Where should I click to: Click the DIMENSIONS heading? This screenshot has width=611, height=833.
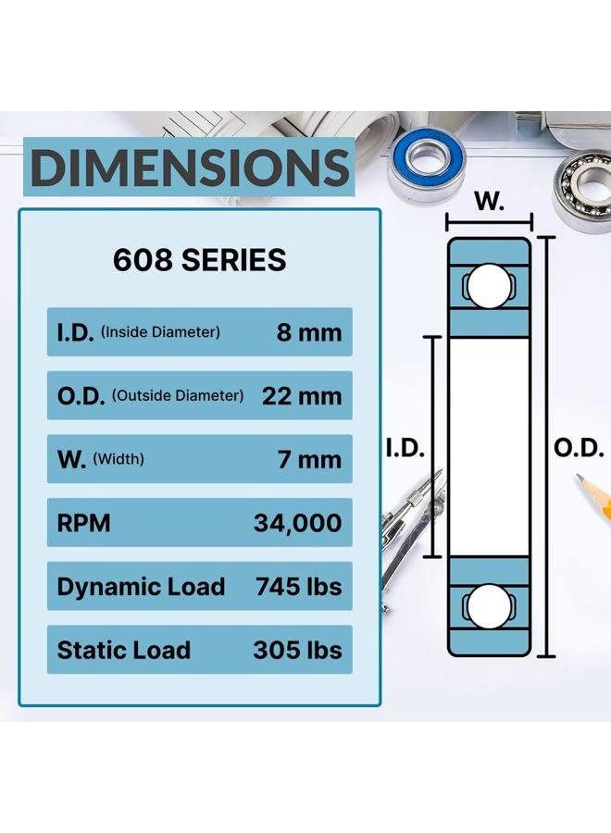point(189,167)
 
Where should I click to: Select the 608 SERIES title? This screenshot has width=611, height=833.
point(199,260)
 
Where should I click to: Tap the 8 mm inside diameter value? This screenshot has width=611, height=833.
point(308,332)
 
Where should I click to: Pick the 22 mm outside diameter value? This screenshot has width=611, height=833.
point(302,396)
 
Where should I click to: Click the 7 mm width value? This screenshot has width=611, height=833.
point(310,459)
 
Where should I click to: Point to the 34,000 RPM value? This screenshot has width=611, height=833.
point(297,523)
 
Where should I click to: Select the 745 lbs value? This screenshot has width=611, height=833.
point(299,587)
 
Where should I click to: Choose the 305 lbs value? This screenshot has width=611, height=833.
point(297,650)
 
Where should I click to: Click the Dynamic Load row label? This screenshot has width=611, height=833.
point(141,588)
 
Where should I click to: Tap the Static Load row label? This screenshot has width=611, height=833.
point(123,650)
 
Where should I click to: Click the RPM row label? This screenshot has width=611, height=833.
point(83,523)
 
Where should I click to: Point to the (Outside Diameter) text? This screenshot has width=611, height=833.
point(178,396)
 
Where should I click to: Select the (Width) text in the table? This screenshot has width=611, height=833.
point(118,459)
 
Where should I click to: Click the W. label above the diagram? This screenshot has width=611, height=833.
point(489,201)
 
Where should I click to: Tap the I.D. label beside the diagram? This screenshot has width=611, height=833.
point(405,449)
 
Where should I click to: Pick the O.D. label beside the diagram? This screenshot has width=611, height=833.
point(579,449)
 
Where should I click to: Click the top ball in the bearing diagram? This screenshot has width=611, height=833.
point(488,286)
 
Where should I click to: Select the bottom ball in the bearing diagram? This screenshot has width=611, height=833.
point(488,606)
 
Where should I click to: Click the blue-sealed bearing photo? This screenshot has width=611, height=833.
point(427,163)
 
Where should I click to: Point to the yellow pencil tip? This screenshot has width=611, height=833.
point(580,479)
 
